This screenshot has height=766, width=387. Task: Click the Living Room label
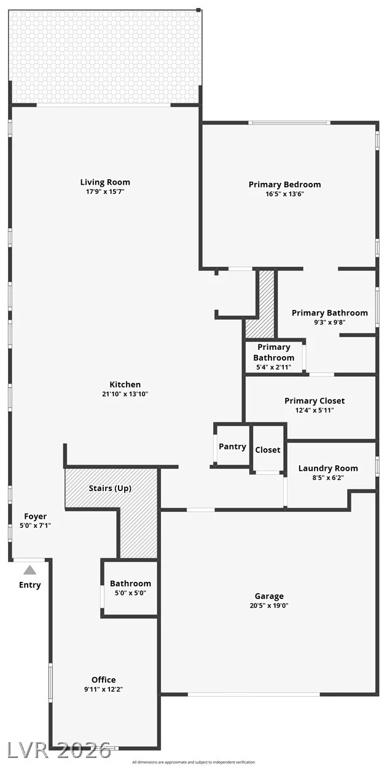105,182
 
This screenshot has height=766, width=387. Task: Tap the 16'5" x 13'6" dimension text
284,194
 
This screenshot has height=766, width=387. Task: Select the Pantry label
232,447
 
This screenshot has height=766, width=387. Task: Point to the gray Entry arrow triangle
29,570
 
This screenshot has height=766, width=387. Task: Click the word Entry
29,585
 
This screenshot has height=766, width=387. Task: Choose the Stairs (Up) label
110,488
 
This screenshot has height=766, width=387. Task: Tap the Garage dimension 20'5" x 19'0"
269,605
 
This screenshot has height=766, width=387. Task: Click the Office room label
103,679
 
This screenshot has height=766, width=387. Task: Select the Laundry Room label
328,468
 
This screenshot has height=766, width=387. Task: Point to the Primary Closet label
315,401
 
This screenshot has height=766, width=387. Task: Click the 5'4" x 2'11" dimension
274,367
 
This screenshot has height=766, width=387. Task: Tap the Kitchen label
125,384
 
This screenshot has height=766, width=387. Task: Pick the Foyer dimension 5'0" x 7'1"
35,525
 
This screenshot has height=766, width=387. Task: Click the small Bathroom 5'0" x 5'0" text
130,593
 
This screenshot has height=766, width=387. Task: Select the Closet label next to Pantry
268,450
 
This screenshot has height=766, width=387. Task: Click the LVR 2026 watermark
59,751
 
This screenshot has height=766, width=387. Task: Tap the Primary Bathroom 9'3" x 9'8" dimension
330,322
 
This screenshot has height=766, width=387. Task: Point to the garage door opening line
254,694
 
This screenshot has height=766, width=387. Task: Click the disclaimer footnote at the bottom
193,762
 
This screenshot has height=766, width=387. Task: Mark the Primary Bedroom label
284,185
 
